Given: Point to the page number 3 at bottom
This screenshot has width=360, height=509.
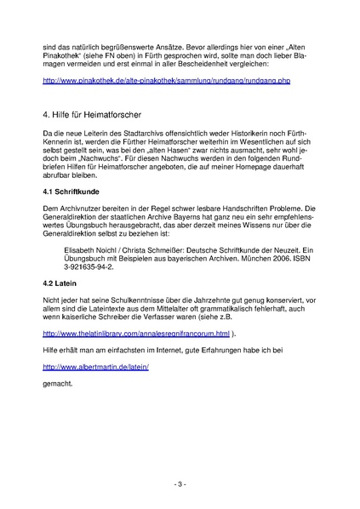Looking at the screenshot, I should pos(180,483).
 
